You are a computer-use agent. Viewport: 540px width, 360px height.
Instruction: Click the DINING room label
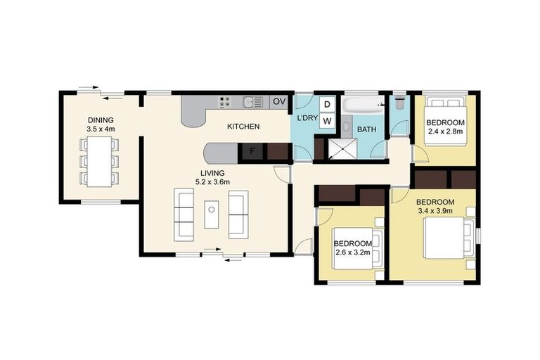point(101,120)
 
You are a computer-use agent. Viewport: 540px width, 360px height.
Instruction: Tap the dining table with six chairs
point(100,161)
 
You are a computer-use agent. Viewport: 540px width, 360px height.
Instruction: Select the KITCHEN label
point(243,127)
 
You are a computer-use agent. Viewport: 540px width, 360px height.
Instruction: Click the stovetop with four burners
point(226,102)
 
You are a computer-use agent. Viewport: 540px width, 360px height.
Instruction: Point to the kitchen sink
point(252,102)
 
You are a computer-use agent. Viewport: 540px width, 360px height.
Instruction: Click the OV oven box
point(279,102)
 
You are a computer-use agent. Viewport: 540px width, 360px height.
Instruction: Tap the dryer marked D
point(327,104)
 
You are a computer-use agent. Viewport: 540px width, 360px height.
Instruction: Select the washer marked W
point(327,121)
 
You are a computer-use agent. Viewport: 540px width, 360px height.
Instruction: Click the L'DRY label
point(307,117)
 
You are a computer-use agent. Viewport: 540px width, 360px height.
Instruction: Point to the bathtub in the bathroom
point(363,105)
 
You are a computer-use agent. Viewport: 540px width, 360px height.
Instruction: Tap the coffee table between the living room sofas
point(212,214)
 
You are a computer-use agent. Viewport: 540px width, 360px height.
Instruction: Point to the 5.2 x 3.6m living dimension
point(212,181)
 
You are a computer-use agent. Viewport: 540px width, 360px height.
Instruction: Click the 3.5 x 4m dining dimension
point(101,129)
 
